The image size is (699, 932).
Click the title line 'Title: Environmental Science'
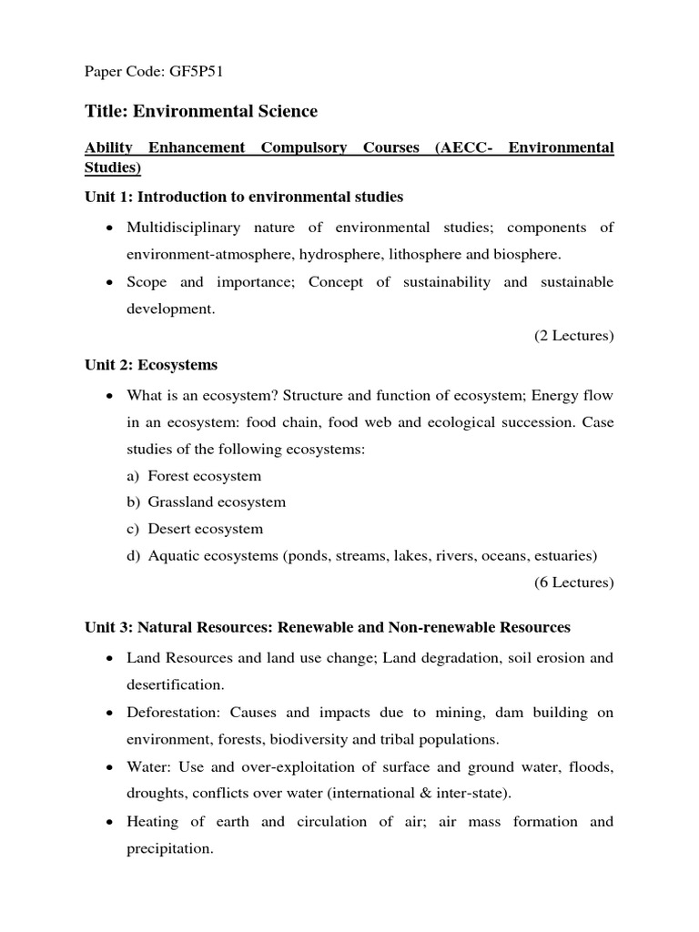201,111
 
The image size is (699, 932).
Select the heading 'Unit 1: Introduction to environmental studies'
244,197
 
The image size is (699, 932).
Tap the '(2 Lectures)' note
573,336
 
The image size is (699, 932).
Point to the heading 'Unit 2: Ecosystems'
151,364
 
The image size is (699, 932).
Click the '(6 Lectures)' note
573,582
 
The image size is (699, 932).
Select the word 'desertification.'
176,684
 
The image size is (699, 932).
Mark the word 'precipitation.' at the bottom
170,849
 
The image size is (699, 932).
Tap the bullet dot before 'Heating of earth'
109,823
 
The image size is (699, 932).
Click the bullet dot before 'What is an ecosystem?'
109,396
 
